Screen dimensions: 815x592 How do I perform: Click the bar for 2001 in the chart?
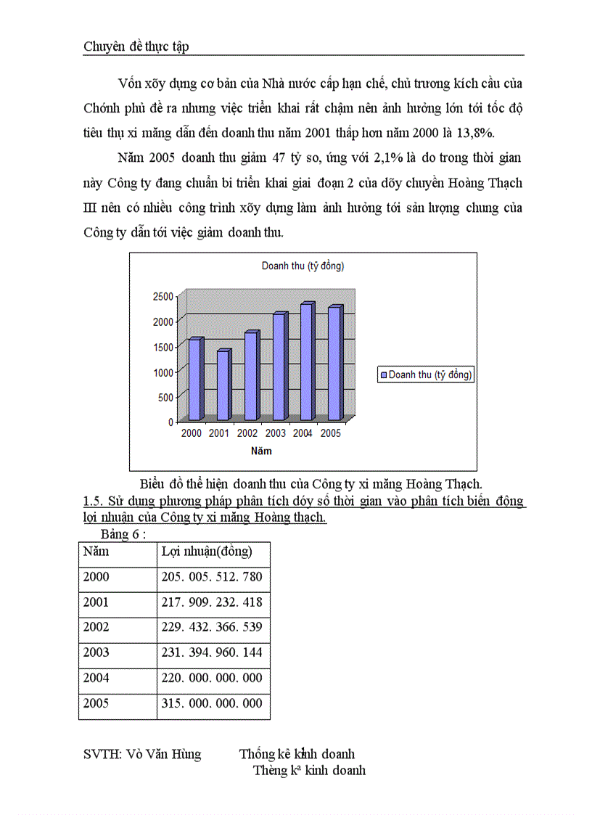[223, 385]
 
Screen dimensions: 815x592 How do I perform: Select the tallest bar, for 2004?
[306, 362]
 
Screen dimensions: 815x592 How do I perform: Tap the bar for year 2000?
[194, 380]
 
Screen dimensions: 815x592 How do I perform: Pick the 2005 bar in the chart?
[334, 364]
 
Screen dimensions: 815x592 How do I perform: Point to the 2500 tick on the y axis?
[163, 296]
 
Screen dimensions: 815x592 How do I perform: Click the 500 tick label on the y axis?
[166, 397]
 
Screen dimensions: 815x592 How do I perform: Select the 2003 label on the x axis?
[276, 433]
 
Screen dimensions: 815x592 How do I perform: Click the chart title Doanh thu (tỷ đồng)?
[303, 266]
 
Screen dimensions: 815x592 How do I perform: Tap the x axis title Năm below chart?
[261, 451]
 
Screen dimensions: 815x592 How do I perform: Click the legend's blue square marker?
[384, 375]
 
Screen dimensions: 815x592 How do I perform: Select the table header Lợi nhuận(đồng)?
[207, 552]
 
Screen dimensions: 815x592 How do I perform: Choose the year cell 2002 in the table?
[96, 628]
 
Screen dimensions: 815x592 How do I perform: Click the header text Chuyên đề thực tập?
[136, 46]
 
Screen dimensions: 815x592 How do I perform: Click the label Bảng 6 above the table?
[123, 534]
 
